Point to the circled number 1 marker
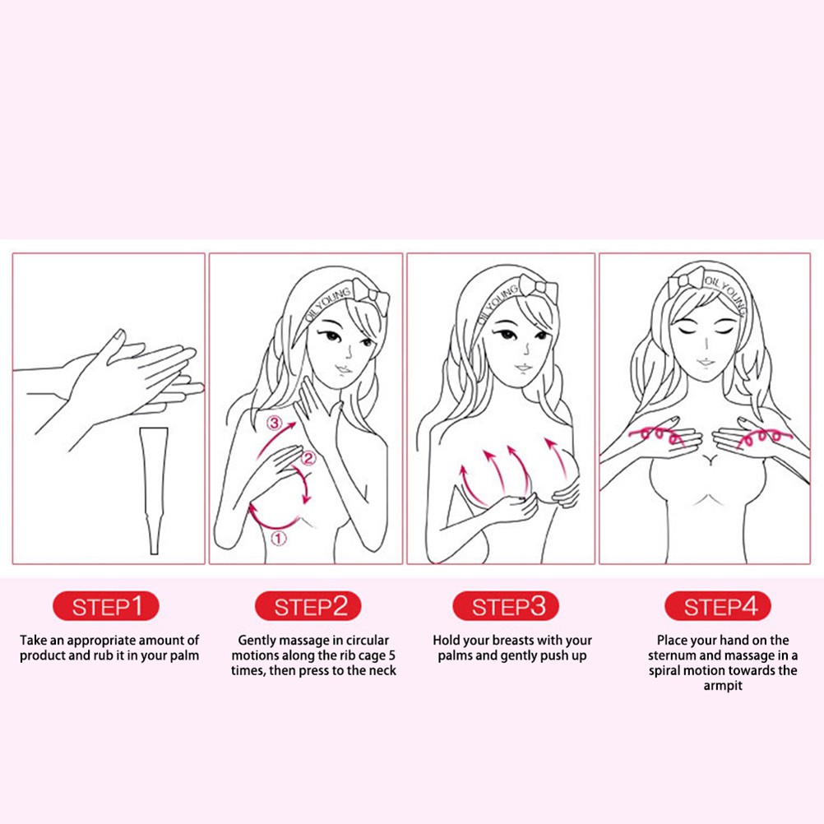[x=278, y=539]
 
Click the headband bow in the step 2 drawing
[x=372, y=293]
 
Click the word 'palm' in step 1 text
[x=184, y=655]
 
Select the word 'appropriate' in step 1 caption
[x=108, y=640]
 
